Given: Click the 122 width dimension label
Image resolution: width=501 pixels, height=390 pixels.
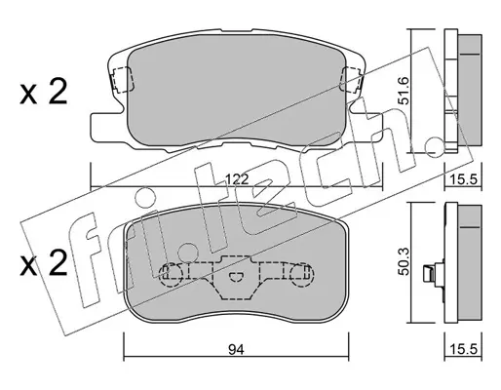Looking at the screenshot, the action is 237,179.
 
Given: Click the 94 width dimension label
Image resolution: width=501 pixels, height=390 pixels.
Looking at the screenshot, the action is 236,350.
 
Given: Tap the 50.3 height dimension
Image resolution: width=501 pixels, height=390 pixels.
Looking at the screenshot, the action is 405,261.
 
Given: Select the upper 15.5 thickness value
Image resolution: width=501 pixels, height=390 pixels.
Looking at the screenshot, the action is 464,179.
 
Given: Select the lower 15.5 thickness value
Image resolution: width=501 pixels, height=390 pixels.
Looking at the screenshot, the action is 464,349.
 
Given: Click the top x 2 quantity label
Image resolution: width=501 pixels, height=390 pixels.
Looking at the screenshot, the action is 44,92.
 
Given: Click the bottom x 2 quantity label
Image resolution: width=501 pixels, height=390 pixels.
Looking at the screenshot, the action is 44,263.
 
